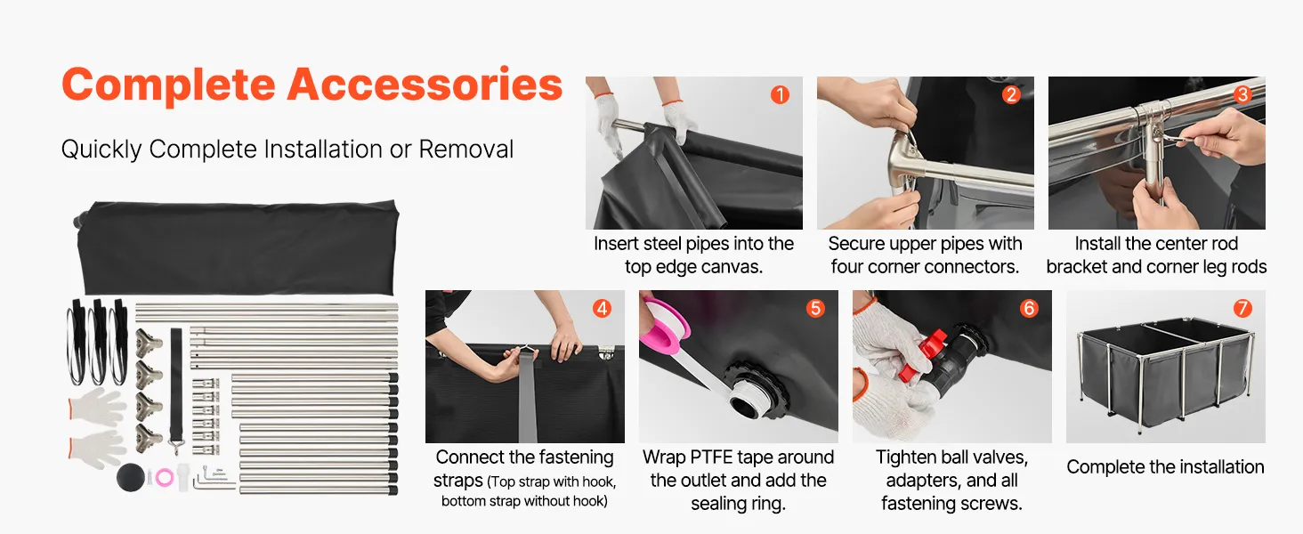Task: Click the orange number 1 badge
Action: pos(780,95)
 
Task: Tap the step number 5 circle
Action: pos(815,308)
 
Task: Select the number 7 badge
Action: pos(1242,308)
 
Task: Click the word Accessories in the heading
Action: pos(425,85)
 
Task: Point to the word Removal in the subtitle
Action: pos(466,150)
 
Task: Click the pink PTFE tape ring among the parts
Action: pos(165,478)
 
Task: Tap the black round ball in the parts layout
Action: pos(130,477)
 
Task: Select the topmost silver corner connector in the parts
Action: pos(149,344)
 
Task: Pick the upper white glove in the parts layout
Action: pos(96,407)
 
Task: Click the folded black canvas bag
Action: pos(238,247)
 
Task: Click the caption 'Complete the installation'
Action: pos(1165,467)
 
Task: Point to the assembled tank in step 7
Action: pos(1166,372)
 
